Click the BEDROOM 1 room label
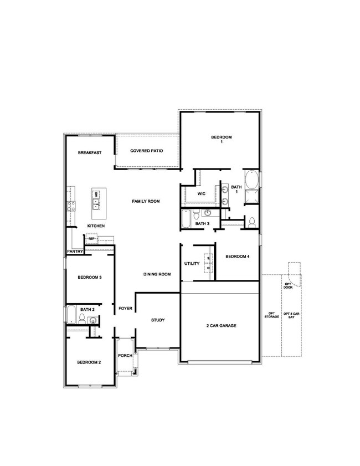(221, 140)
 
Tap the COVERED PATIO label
(146, 151)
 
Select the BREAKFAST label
(89, 152)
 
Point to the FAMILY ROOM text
(146, 201)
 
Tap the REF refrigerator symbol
(91, 239)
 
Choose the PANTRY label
(75, 252)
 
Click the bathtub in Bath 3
(186, 219)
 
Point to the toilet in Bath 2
(81, 319)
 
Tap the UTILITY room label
(192, 264)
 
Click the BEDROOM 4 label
(238, 257)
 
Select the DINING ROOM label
(157, 274)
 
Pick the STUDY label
(158, 320)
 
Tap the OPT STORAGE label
(271, 315)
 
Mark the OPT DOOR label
(287, 285)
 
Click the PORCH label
(125, 355)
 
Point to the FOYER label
(125, 308)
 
